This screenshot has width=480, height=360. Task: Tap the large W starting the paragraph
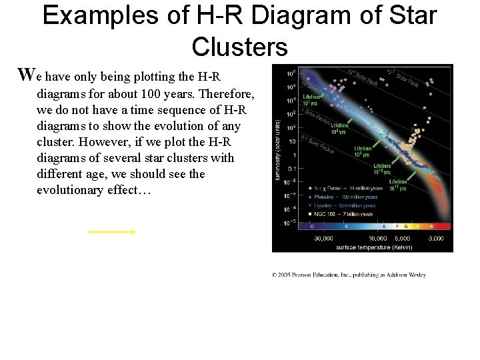pyautogui.click(x=26, y=75)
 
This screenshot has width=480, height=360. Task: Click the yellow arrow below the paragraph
pyautogui.click(x=111, y=232)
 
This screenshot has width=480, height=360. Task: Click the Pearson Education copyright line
pyautogui.click(x=349, y=275)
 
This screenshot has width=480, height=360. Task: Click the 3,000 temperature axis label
pyautogui.click(x=435, y=238)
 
